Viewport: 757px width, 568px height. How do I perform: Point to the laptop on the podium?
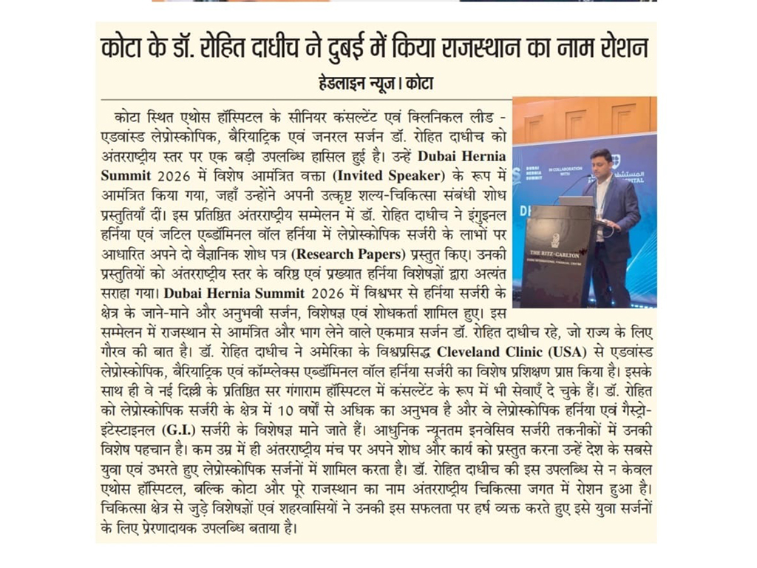point(577,200)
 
